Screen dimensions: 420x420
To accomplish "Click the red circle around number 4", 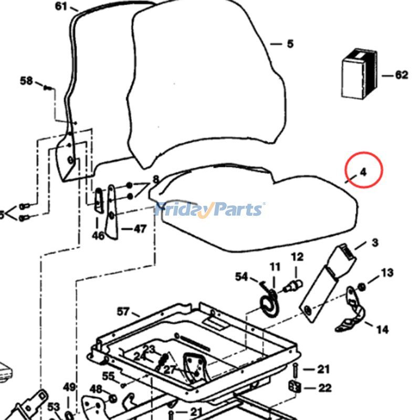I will point(364,170).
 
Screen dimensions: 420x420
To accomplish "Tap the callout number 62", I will point(402,75).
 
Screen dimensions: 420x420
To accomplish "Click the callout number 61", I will point(61,6).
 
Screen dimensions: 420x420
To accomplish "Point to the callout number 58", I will point(26,81).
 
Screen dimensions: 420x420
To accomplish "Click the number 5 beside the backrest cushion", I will point(290,44).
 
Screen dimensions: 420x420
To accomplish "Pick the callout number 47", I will point(140,229).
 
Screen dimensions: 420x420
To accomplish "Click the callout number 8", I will point(155,180).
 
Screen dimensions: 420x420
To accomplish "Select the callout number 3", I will point(375,243).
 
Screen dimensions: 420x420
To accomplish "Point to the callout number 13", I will point(387,272).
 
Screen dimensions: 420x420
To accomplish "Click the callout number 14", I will point(383,329).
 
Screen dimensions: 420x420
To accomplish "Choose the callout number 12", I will point(297,257).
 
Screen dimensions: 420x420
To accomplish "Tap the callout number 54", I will point(241,276).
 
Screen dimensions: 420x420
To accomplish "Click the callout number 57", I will point(123,311).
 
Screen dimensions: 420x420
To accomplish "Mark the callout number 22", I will point(325,388).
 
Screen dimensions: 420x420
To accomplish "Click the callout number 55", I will point(108,376).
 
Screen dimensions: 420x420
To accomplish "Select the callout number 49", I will point(69,387).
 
